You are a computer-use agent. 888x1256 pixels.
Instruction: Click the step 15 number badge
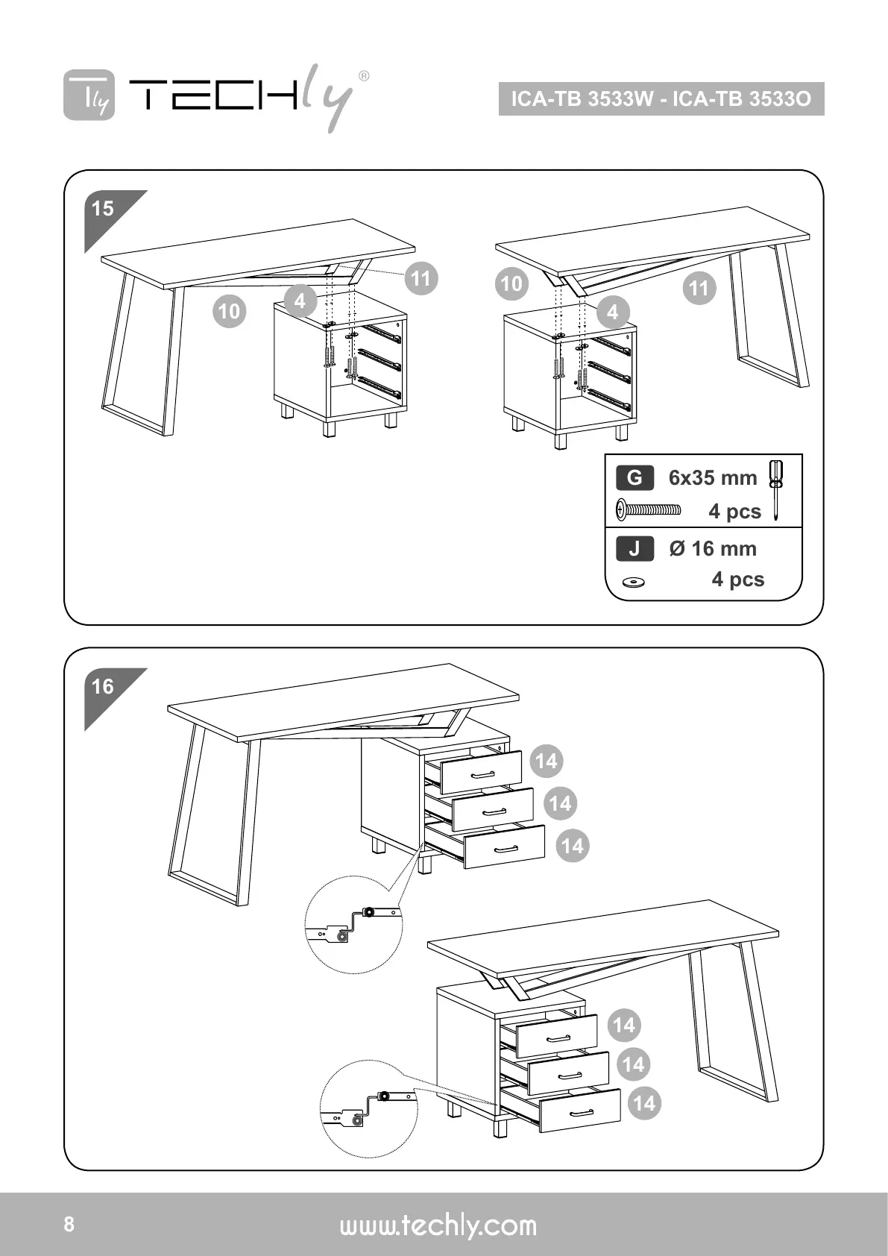click(x=103, y=208)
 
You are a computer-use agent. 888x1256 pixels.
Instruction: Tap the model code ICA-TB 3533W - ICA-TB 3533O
click(x=661, y=99)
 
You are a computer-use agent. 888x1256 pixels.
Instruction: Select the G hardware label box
click(x=634, y=477)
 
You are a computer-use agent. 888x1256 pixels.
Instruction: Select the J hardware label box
click(x=634, y=549)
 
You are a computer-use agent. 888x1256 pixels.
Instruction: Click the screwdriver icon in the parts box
click(x=776, y=489)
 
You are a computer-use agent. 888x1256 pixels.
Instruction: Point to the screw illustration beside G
click(x=648, y=511)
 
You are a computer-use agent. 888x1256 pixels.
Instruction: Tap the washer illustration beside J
click(x=634, y=581)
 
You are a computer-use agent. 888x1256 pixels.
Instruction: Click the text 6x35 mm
click(x=712, y=478)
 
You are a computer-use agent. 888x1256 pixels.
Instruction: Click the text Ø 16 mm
click(x=712, y=549)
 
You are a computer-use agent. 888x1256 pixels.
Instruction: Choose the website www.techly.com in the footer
click(x=438, y=1225)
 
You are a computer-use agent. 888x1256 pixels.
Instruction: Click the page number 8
click(x=69, y=1225)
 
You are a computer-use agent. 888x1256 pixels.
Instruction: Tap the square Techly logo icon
click(x=89, y=95)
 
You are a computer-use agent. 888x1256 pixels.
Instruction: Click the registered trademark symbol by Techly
click(x=363, y=75)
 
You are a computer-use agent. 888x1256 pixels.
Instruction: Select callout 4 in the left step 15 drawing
click(x=300, y=301)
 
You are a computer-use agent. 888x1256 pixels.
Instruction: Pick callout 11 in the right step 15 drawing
click(x=699, y=288)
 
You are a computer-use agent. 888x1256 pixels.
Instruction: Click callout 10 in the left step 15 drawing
click(x=229, y=310)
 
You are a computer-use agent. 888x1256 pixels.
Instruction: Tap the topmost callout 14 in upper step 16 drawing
click(x=546, y=761)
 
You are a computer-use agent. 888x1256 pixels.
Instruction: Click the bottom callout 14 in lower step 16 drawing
click(x=643, y=1103)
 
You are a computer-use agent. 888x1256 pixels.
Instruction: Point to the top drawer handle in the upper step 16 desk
click(x=483, y=773)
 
